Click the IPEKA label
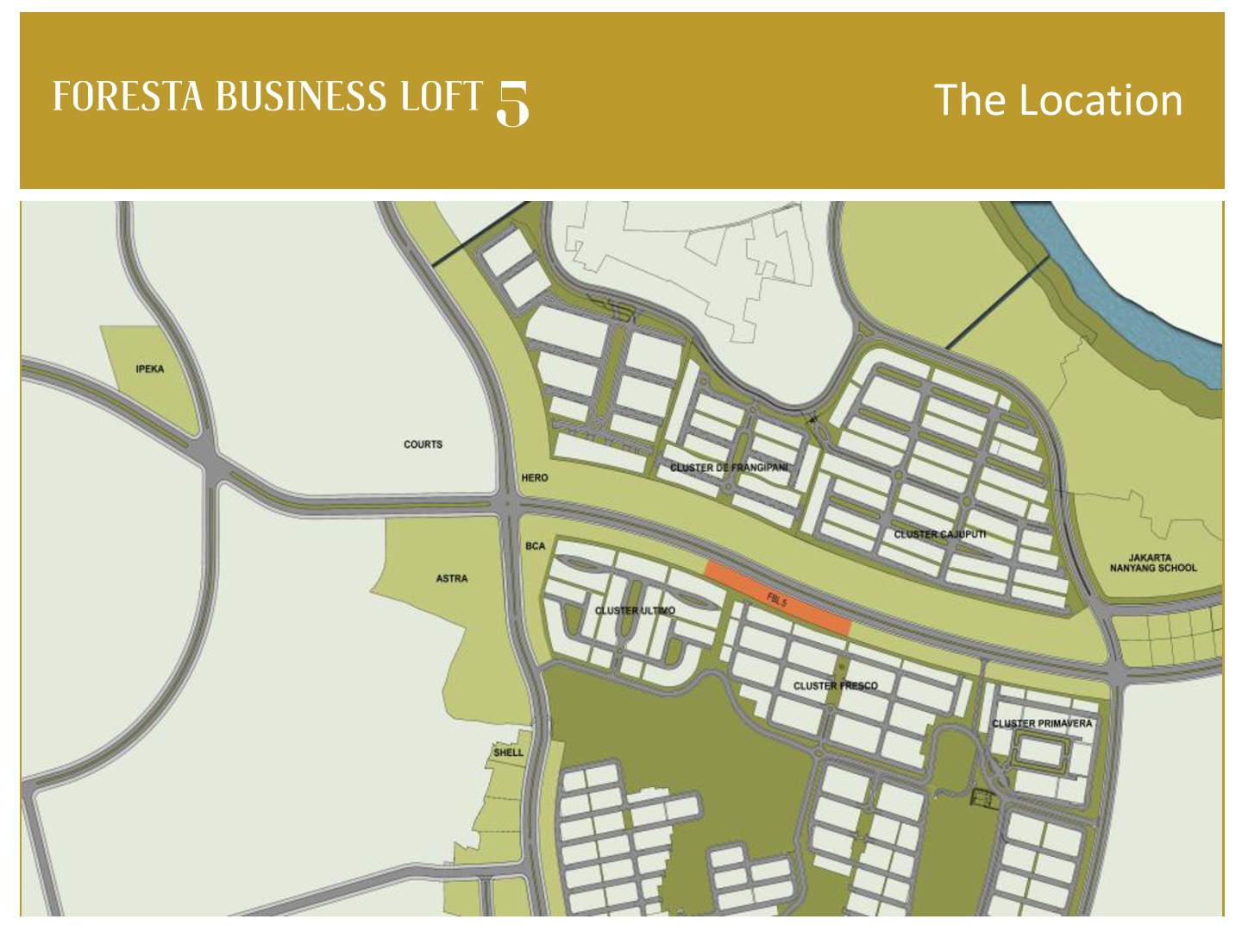click(x=149, y=369)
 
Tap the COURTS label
click(x=423, y=444)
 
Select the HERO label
click(x=534, y=478)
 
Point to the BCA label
click(x=535, y=546)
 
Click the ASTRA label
click(x=451, y=579)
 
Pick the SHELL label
click(x=508, y=753)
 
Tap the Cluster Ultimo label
click(x=635, y=611)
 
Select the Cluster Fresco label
click(x=835, y=686)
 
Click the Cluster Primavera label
click(x=1042, y=723)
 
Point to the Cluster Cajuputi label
click(x=939, y=535)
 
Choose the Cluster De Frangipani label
click(x=729, y=468)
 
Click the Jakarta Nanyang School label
click(x=1153, y=563)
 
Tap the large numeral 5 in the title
click(x=513, y=104)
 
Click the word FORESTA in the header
click(x=128, y=97)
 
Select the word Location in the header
click(x=1101, y=100)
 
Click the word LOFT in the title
click(x=441, y=97)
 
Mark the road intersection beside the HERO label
click(x=508, y=507)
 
